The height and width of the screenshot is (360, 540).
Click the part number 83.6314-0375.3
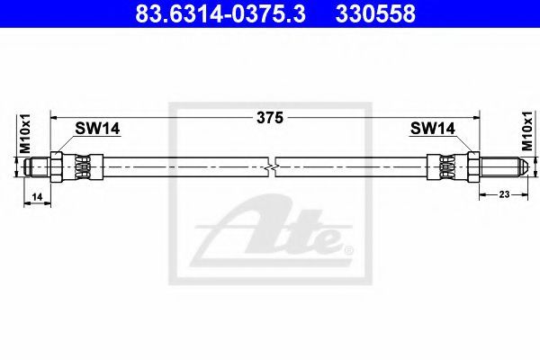[220, 13]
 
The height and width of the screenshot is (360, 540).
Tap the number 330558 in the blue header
[375, 13]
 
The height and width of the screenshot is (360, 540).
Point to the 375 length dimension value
[270, 118]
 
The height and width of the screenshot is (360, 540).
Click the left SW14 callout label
[97, 129]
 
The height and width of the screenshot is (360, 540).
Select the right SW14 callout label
[433, 129]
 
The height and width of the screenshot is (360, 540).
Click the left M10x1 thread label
[25, 133]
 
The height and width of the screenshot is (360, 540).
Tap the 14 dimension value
[37, 197]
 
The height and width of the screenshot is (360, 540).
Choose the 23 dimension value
[504, 194]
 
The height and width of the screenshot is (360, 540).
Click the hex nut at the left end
[57, 167]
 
